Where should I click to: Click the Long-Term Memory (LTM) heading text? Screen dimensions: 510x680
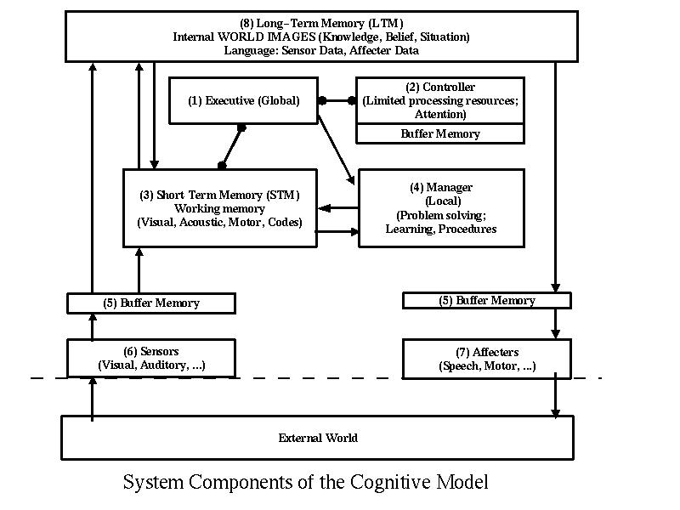click(321, 22)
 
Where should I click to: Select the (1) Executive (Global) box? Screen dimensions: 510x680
click(244, 101)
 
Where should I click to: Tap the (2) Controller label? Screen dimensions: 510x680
click(439, 87)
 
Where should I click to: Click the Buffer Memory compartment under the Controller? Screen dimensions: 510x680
click(439, 133)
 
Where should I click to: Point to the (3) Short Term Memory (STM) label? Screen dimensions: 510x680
click(220, 195)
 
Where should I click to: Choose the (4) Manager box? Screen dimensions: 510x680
click(440, 208)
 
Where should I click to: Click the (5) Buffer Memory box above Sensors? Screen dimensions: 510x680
click(151, 303)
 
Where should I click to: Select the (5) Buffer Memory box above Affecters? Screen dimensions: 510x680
click(486, 300)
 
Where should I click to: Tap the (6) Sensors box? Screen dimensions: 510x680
click(151, 358)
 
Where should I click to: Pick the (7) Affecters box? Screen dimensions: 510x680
click(486, 358)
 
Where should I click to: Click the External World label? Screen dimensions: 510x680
click(318, 438)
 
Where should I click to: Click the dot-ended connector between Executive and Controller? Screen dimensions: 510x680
click(337, 100)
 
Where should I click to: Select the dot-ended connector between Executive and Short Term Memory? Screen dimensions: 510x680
click(232, 146)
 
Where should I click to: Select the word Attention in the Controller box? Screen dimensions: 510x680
click(439, 114)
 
